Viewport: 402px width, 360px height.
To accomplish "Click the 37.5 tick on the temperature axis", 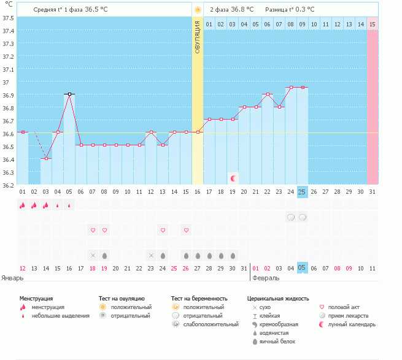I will coord(8,17).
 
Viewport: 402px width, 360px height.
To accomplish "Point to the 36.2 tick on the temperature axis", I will coord(8,185).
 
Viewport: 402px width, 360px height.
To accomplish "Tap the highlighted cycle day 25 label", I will coord(302,192).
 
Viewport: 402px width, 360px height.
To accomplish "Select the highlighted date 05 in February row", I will coord(302,267).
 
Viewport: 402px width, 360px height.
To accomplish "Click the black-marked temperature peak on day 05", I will coord(69,94).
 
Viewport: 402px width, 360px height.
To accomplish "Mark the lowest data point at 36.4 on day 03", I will coord(46,159).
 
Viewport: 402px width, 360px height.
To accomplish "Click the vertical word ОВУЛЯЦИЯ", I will coord(198,36).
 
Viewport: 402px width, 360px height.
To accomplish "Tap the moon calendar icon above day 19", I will coord(233,178).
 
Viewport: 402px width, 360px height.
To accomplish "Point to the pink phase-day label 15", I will coord(372,24).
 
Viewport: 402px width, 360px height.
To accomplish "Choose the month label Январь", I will coord(13,278).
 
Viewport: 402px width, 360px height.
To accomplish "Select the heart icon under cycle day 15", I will coord(185,230).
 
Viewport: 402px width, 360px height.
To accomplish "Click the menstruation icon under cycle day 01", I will coord(23,205).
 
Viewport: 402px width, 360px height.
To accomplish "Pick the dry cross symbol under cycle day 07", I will coord(93,255).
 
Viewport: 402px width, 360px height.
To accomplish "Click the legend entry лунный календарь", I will coord(352,324).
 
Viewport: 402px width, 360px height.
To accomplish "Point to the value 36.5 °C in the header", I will coord(107,10).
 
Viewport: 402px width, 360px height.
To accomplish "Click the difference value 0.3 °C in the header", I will coord(303,10).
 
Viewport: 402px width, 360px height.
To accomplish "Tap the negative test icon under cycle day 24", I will coord(290,217).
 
